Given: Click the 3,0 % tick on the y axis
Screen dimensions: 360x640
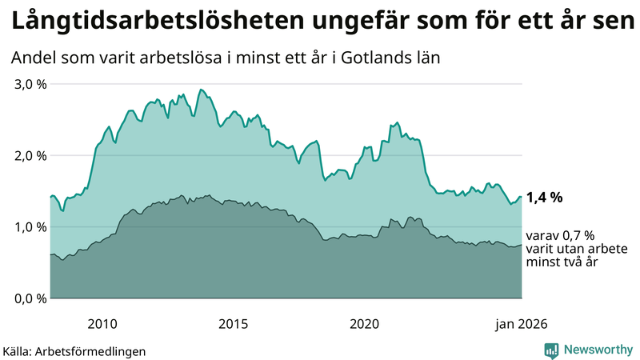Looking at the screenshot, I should (x=30, y=84).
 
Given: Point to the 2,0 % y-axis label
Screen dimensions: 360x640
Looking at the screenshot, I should (x=30, y=155).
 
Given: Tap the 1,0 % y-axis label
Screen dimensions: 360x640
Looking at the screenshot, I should (x=30, y=226).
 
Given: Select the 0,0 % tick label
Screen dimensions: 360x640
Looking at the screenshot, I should (x=30, y=298).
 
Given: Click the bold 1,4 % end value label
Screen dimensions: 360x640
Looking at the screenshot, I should (x=545, y=197).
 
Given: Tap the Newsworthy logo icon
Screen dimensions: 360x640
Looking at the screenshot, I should (x=551, y=350).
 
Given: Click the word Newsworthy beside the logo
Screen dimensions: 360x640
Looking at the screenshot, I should (x=598, y=350).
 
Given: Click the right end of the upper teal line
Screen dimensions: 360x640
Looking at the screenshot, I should (x=522, y=197).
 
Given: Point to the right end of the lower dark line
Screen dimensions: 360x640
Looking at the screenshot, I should (x=522, y=246).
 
